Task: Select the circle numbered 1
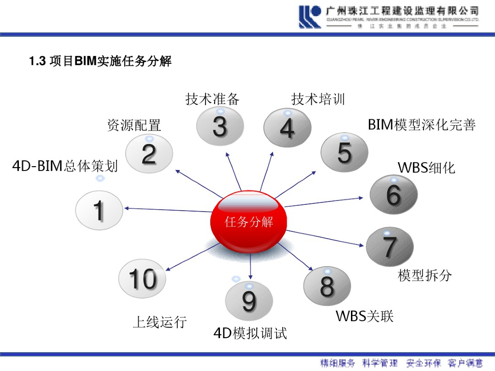(x=99, y=211)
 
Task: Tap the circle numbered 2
(x=149, y=154)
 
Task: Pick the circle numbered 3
(x=219, y=126)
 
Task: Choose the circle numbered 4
(x=287, y=128)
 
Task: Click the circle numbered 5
(x=344, y=152)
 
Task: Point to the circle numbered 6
(x=393, y=195)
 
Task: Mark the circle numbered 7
(x=390, y=246)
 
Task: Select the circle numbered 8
(x=327, y=285)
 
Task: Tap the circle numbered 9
(x=249, y=300)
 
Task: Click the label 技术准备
(x=213, y=99)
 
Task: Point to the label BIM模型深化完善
(x=422, y=125)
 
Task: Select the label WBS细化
(x=426, y=168)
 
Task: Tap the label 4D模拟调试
(x=250, y=333)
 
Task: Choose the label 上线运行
(x=160, y=322)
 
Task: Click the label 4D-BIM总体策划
(x=65, y=166)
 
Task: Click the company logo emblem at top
(x=310, y=17)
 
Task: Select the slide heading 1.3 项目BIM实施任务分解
(x=100, y=61)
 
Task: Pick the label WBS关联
(x=364, y=316)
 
